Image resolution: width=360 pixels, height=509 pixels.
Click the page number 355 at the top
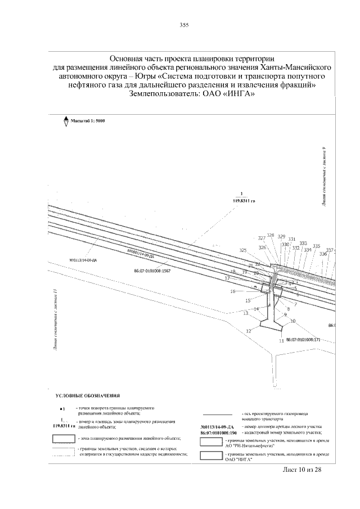point(183,25)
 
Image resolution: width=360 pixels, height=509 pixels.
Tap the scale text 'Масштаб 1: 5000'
point(88,121)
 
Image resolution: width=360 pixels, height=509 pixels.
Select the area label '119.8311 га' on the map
point(243,200)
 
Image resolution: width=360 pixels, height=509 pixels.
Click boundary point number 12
point(247,331)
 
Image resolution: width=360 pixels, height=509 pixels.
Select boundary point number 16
point(232,291)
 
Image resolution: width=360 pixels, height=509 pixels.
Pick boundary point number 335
point(316,246)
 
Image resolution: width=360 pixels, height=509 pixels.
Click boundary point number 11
point(281,341)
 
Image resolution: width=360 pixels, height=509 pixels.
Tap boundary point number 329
point(281,237)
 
